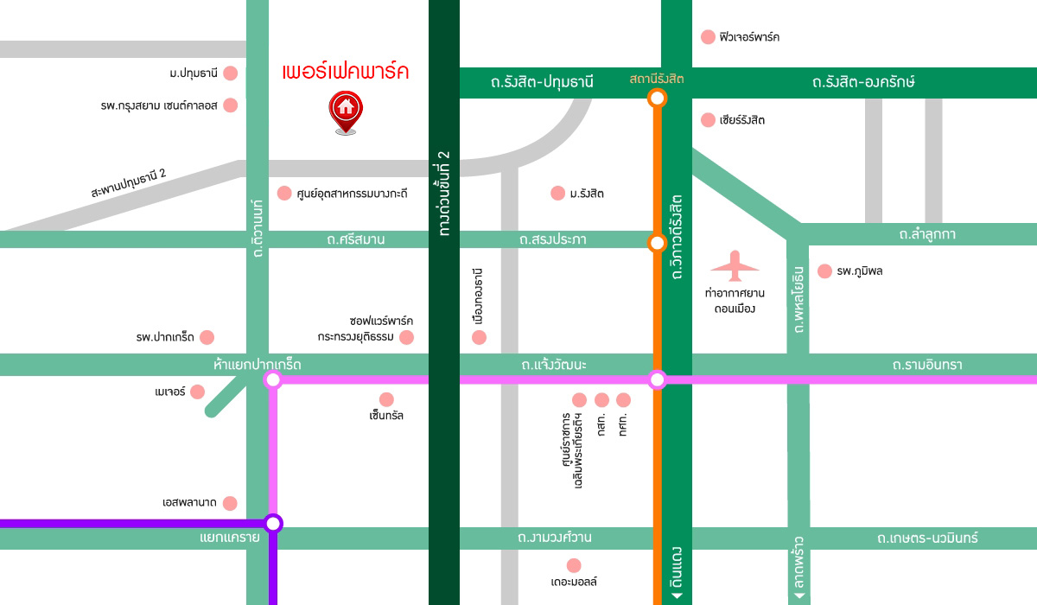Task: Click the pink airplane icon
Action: click(735, 266)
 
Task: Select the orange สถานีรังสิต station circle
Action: click(657, 98)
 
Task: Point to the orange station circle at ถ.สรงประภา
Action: click(657, 242)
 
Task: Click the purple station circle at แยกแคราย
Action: click(273, 523)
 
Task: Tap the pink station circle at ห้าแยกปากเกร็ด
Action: click(273, 379)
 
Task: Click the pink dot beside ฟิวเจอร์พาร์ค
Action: click(708, 37)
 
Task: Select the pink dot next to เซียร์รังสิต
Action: click(708, 120)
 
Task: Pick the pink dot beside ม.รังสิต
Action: click(557, 193)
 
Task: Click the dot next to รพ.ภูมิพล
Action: click(824, 271)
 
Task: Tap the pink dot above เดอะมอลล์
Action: click(574, 564)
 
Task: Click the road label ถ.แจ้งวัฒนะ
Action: click(554, 366)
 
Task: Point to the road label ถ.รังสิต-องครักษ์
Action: click(862, 82)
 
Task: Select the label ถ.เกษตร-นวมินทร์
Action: click(926, 538)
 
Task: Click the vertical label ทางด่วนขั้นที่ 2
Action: click(444, 194)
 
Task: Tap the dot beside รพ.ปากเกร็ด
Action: click(207, 337)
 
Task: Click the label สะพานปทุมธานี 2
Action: click(129, 183)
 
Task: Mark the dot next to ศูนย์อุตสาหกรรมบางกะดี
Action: click(283, 193)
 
